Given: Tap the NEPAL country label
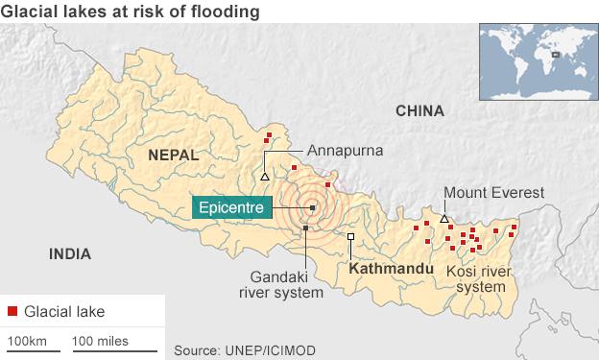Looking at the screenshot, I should click(173, 154).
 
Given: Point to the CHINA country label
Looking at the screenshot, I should click(420, 112).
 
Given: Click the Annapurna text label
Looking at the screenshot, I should click(346, 151).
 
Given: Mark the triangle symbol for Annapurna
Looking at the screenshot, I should click(264, 177).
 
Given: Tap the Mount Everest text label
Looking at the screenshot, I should click(494, 192).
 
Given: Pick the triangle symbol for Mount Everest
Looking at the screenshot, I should click(443, 220).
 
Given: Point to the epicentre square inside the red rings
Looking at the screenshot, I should click(312, 206).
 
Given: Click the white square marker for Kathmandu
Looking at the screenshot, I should click(351, 236).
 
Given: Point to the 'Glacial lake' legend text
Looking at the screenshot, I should click(65, 311).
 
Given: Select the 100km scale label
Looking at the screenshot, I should click(27, 340).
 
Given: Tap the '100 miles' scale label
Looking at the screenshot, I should click(100, 340).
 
